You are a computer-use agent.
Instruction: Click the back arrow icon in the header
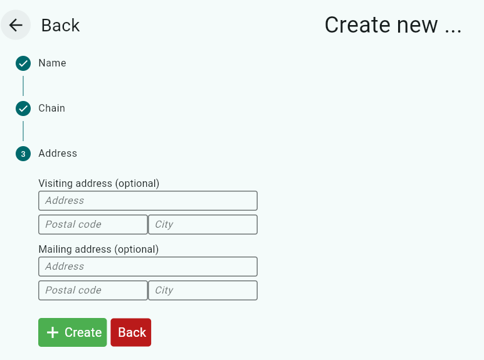coord(16,25)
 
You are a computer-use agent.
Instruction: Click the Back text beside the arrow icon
coord(60,25)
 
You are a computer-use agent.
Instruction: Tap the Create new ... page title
coord(392,25)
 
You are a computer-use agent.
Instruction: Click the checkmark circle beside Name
coord(23,63)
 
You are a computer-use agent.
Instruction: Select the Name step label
coord(52,63)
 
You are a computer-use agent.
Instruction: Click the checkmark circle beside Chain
coord(23,109)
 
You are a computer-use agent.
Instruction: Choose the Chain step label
coord(51,109)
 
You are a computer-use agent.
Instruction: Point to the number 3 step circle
coord(23,154)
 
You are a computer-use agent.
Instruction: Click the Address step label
coord(58,154)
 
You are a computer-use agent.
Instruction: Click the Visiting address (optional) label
coord(99,184)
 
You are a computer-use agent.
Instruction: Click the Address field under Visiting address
coord(148,201)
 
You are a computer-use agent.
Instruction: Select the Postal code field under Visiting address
coord(93,225)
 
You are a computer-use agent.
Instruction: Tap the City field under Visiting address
coord(203,225)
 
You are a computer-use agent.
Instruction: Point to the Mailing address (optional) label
coord(98,250)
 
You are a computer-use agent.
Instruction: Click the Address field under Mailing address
coord(148,267)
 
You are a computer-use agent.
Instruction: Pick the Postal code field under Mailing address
coord(93,290)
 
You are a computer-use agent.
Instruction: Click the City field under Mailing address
coord(203,290)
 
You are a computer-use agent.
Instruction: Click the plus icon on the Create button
coord(53,332)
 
